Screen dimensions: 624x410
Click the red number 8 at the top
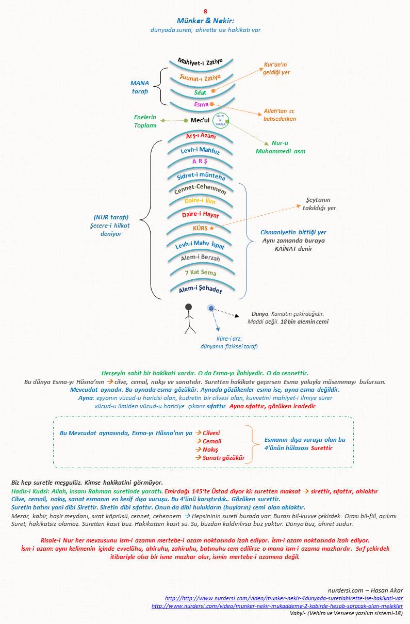205,11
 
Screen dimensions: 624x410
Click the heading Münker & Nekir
205,21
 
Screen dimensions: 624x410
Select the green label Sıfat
200,92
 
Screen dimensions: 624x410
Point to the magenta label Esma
201,105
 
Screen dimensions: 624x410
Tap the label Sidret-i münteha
201,176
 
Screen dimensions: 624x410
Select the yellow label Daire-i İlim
200,201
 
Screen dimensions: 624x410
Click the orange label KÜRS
200,228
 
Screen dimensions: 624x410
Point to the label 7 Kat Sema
200,272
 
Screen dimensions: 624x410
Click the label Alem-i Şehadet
200,290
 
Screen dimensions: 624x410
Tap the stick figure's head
188,307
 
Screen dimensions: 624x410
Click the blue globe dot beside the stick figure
210,308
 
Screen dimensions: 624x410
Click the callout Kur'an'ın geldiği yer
276,69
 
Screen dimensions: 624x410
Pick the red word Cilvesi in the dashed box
209,433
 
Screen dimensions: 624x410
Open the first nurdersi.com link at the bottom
284,598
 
